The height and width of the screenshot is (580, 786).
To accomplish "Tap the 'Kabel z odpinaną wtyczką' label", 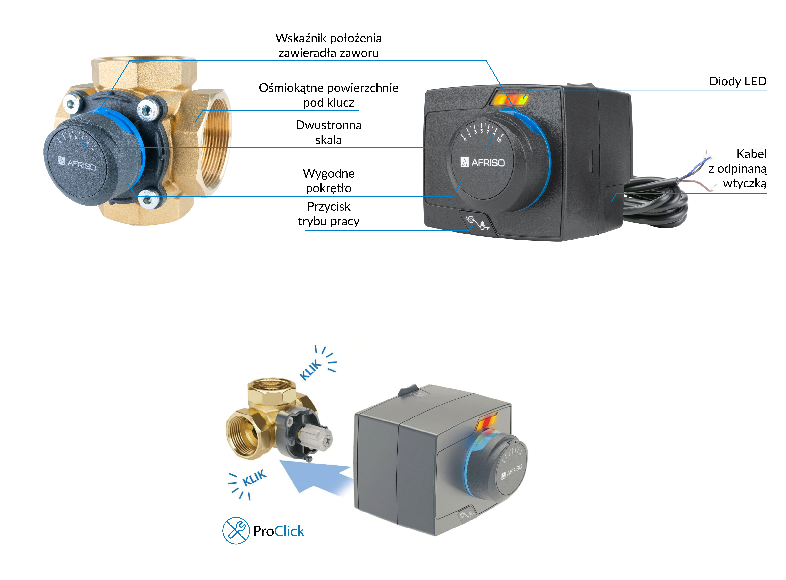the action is pos(738,169).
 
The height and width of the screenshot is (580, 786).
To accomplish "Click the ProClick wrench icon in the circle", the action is pos(236,531).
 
